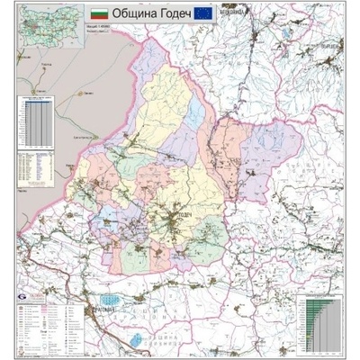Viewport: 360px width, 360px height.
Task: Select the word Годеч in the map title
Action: (176, 15)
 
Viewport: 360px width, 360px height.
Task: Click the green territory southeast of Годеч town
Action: (211, 236)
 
